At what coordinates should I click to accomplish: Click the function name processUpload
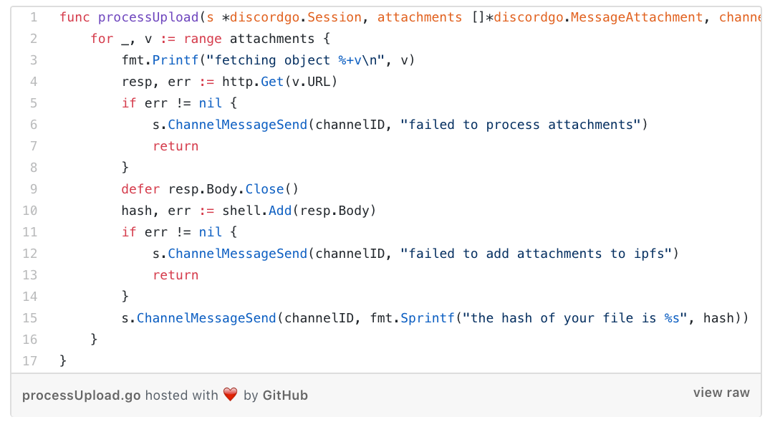click(x=148, y=18)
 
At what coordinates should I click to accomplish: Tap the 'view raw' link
click(x=721, y=393)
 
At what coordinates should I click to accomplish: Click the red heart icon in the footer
click(x=231, y=394)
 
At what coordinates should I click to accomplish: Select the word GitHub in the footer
click(x=285, y=395)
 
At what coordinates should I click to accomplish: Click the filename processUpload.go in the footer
click(x=81, y=396)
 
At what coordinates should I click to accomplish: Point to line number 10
click(x=29, y=211)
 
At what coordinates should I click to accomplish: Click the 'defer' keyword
click(x=141, y=189)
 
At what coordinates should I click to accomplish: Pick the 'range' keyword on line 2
click(x=203, y=39)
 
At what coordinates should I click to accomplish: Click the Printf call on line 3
click(x=175, y=60)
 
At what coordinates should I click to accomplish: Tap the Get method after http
click(x=272, y=82)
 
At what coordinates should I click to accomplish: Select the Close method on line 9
click(x=264, y=189)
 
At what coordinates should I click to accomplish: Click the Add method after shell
click(x=280, y=211)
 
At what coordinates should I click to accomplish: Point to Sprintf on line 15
click(x=427, y=318)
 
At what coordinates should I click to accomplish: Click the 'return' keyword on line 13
click(x=175, y=275)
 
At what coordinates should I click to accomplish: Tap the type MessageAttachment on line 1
click(x=637, y=18)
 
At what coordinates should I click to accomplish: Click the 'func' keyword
click(x=75, y=18)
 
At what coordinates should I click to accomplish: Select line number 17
click(x=29, y=361)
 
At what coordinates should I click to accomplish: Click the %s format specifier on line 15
click(x=672, y=318)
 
